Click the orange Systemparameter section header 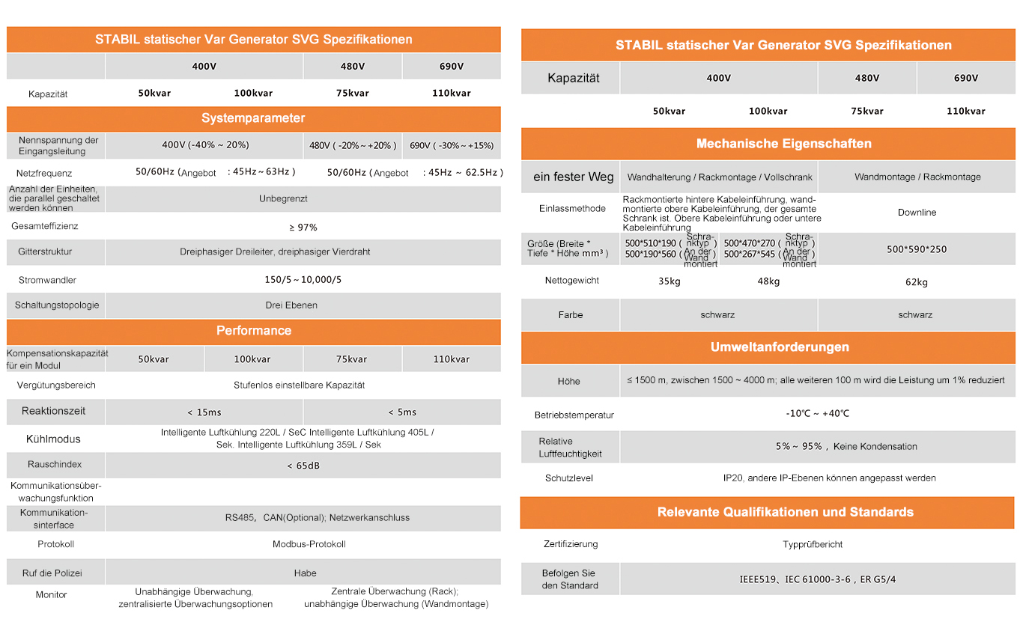[x=253, y=118]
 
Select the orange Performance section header [x=253, y=331]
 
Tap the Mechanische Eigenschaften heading [x=783, y=144]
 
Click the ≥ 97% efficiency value [x=303, y=227]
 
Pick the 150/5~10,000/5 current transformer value [x=303, y=279]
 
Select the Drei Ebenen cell [x=291, y=305]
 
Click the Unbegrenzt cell [x=283, y=199]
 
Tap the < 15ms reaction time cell [x=204, y=412]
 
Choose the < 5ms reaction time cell [x=402, y=412]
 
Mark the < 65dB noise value [x=303, y=466]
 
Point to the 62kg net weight [x=917, y=282]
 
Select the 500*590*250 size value [x=917, y=249]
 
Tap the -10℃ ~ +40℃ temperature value [x=817, y=414]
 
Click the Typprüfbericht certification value [x=813, y=544]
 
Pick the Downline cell [x=917, y=213]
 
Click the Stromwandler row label [x=47, y=280]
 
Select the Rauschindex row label [x=55, y=465]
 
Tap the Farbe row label [x=570, y=315]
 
